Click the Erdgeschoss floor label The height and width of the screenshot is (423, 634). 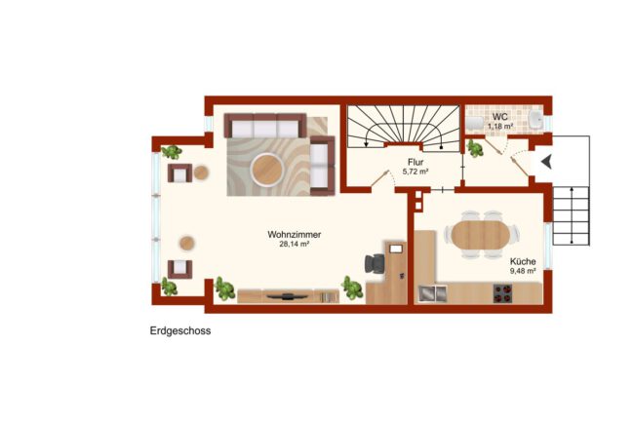click(x=180, y=330)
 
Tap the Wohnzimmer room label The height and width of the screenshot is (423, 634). click(x=295, y=234)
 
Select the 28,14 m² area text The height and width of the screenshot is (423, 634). click(x=295, y=244)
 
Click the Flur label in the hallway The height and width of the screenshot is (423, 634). click(x=416, y=162)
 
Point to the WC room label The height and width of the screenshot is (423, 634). click(x=499, y=117)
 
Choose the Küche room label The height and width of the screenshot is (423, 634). click(x=523, y=261)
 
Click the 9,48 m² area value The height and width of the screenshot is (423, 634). click(x=523, y=271)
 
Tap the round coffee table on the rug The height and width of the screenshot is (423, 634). click(x=266, y=170)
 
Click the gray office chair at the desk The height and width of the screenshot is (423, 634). click(x=375, y=264)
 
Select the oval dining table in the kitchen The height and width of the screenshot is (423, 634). click(x=481, y=234)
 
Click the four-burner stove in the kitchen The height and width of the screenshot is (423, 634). click(x=502, y=293)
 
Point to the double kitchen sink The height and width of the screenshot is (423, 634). click(x=433, y=293)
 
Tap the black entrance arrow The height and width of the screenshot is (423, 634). click(x=546, y=162)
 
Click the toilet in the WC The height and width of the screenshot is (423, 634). click(x=475, y=123)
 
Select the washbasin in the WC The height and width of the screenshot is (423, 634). click(x=536, y=120)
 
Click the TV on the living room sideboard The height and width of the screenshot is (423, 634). click(x=288, y=296)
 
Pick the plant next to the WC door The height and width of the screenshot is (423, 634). click(x=476, y=148)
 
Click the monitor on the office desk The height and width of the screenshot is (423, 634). click(x=396, y=249)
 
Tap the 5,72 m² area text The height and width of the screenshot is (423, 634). click(x=416, y=172)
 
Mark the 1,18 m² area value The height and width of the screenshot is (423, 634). click(x=500, y=126)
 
